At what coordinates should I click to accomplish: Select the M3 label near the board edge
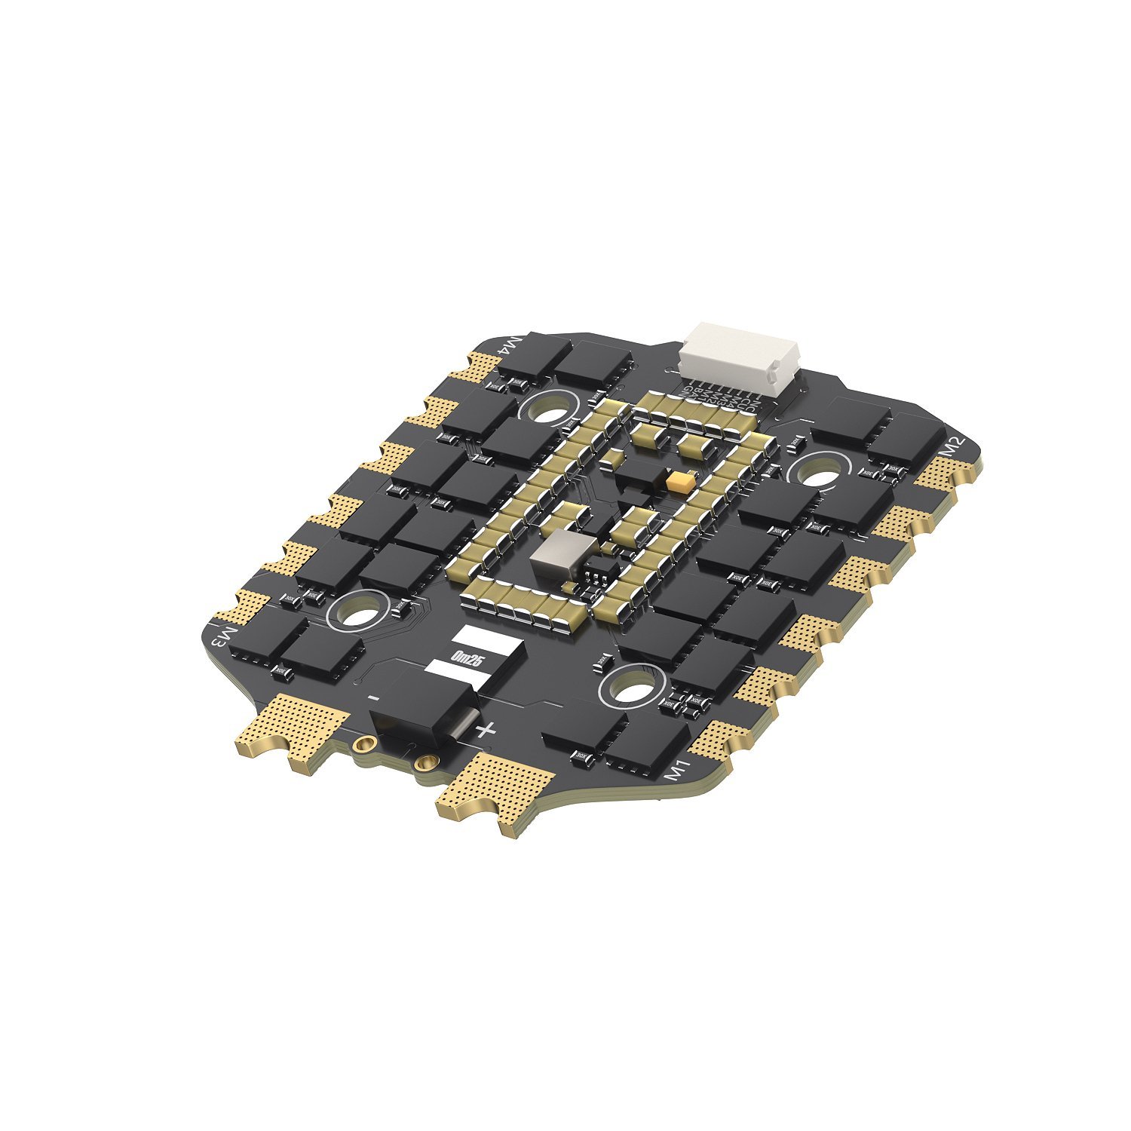222,638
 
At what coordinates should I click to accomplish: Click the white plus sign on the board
487,729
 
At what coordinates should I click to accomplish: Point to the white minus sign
373,697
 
